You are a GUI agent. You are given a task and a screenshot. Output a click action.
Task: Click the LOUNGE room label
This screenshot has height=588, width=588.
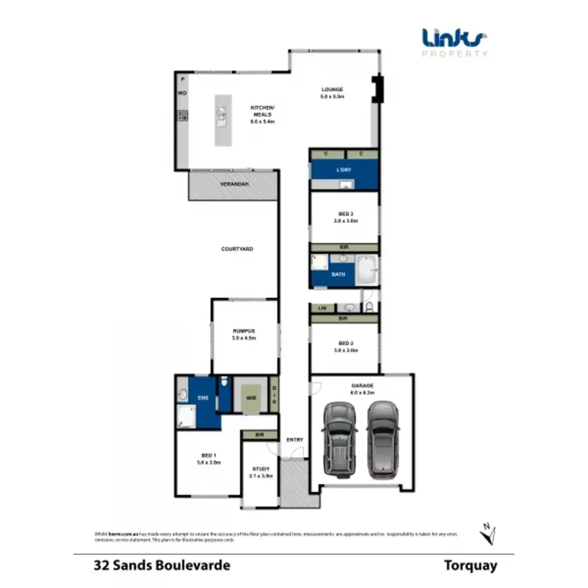[x=332, y=89]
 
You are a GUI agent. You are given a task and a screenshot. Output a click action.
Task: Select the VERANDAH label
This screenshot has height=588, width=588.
[x=234, y=183]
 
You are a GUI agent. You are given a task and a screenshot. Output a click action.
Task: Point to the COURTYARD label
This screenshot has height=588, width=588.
[x=236, y=249]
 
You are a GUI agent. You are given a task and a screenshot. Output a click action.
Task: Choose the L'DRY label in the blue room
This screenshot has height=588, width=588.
[x=343, y=170]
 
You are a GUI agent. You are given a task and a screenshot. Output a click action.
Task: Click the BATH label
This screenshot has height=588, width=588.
[x=339, y=275]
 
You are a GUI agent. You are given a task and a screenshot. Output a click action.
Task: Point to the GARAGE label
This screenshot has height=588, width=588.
[x=362, y=387]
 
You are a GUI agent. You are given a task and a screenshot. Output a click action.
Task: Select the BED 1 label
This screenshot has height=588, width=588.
[x=208, y=455]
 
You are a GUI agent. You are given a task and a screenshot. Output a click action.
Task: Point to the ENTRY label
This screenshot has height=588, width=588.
[x=295, y=440]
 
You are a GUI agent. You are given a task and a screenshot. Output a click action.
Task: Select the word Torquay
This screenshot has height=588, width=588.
[x=470, y=564]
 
